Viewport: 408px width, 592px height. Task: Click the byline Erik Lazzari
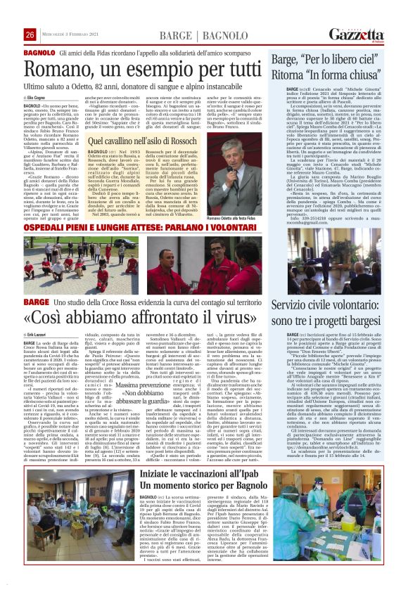tap(45, 336)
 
